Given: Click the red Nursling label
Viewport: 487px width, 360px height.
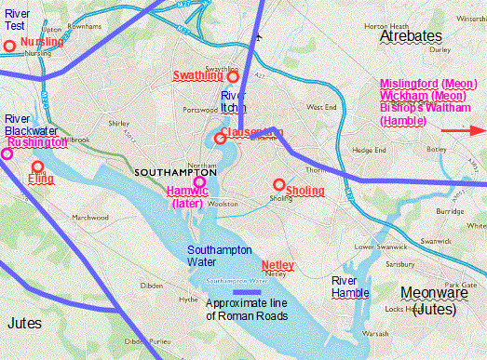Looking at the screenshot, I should click(x=43, y=43).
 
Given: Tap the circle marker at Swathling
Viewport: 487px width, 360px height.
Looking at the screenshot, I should click(x=234, y=77).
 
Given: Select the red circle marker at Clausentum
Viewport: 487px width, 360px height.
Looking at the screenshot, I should click(x=220, y=139).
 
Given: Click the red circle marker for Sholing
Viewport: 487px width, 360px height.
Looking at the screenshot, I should click(x=278, y=183).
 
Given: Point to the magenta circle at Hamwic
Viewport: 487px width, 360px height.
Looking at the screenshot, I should click(x=198, y=181).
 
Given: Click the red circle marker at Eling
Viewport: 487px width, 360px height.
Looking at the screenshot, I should click(x=38, y=167).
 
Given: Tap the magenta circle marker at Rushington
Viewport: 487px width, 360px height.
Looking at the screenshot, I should click(x=7, y=153).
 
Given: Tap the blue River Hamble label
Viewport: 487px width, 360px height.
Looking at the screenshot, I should click(x=349, y=287).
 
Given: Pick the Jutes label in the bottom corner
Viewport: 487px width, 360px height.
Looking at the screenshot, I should click(x=25, y=323).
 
